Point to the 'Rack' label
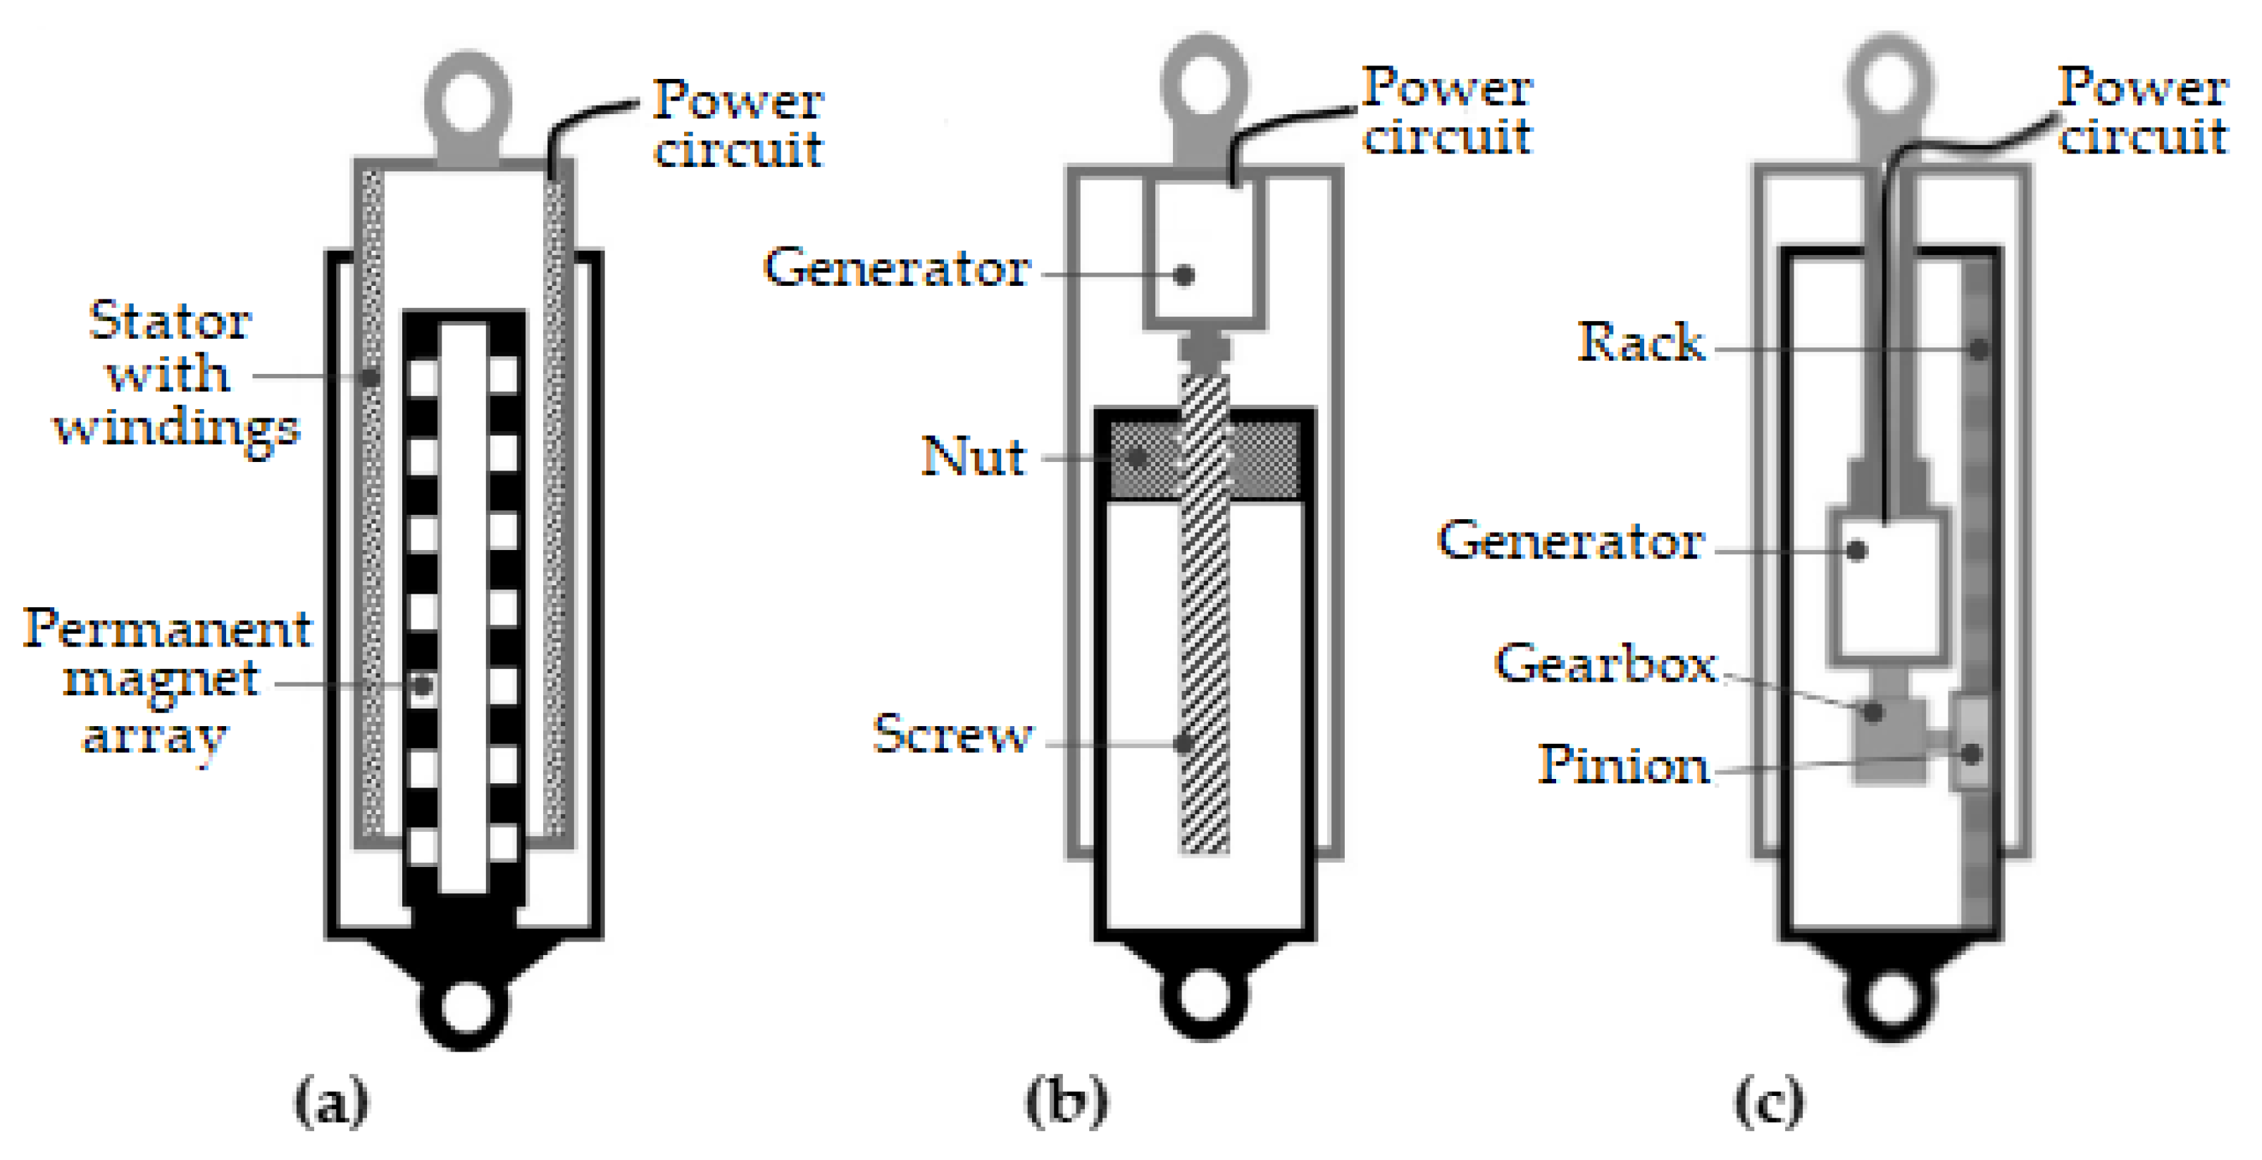(1640, 342)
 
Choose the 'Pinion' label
(1623, 764)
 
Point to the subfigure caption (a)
(331, 1102)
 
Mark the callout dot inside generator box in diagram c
(1856, 551)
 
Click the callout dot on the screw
(1183, 744)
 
